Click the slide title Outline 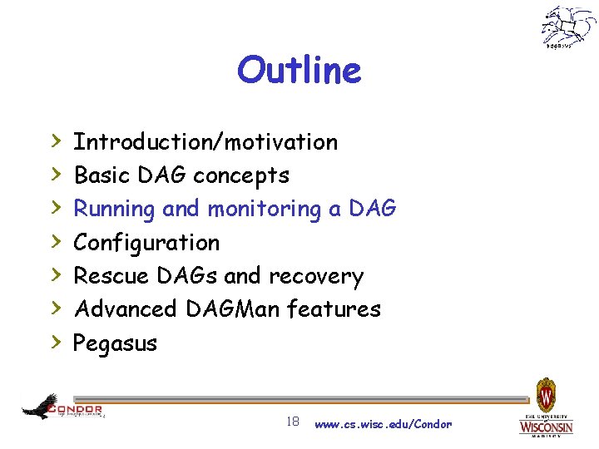click(x=299, y=71)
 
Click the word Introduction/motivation click(x=205, y=142)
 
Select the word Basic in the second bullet click(x=98, y=175)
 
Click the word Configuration click(x=146, y=243)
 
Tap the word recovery click(x=321, y=276)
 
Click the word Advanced click(x=126, y=309)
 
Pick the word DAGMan click(x=233, y=309)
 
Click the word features click(x=334, y=309)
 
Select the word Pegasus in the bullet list click(x=115, y=343)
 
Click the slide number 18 click(x=292, y=422)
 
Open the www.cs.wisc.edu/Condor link click(x=384, y=424)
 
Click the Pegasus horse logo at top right click(x=567, y=27)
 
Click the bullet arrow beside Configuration click(x=57, y=242)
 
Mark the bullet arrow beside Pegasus click(x=57, y=342)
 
